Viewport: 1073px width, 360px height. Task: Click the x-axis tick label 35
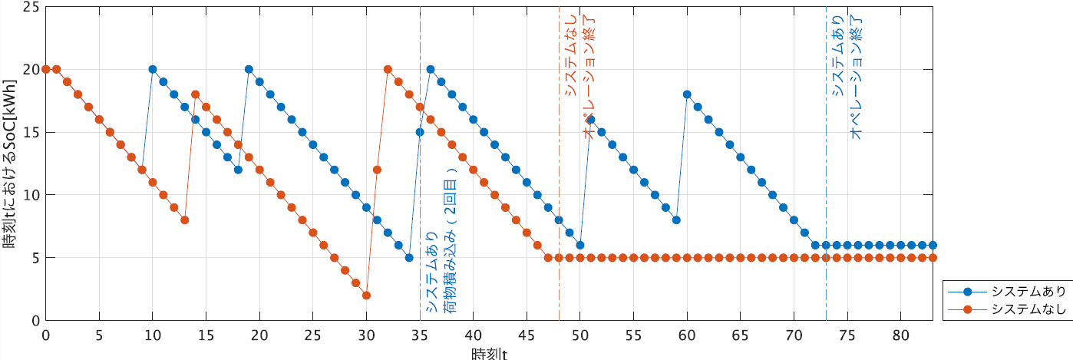click(420, 335)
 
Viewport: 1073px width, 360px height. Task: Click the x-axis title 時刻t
click(489, 353)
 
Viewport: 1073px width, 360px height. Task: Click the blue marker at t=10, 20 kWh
click(153, 69)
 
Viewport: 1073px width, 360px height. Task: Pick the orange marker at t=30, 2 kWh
click(366, 295)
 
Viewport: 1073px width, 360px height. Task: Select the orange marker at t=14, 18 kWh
click(195, 94)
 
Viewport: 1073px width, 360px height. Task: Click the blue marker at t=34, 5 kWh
click(409, 257)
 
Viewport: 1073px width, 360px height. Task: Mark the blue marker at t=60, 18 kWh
click(687, 94)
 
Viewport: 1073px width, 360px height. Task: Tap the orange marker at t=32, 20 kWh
click(388, 69)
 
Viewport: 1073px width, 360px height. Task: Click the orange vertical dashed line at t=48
click(559, 192)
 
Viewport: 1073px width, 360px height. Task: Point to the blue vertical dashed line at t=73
click(826, 192)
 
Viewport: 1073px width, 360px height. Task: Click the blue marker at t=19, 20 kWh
click(249, 69)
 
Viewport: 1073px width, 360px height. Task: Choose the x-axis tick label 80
click(900, 335)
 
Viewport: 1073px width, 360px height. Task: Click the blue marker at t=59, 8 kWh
click(676, 220)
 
